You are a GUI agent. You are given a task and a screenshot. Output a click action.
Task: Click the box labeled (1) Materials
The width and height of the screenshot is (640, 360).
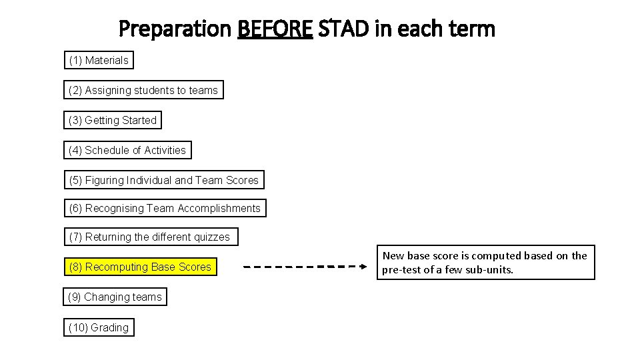click(99, 61)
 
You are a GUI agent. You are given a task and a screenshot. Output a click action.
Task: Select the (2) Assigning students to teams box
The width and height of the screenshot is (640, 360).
click(143, 90)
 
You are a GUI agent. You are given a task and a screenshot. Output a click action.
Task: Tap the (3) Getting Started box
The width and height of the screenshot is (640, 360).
click(113, 121)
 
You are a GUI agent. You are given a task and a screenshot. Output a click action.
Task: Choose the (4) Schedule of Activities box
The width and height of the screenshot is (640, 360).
click(127, 151)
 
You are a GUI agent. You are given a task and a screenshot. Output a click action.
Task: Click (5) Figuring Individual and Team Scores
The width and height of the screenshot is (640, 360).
click(163, 181)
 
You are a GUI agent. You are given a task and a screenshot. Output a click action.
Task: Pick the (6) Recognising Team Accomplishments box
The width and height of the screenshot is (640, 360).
click(165, 209)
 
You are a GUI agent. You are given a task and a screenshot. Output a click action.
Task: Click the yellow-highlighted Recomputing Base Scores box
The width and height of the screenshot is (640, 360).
click(140, 267)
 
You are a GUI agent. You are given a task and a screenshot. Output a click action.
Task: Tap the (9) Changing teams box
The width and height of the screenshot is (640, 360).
click(115, 297)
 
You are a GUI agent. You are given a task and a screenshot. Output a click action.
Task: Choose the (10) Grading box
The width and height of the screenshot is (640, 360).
click(99, 328)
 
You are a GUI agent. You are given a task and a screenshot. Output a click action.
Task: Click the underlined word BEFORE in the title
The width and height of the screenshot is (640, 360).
click(275, 29)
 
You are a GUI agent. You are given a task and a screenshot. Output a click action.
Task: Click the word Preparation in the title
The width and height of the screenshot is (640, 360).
click(175, 29)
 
